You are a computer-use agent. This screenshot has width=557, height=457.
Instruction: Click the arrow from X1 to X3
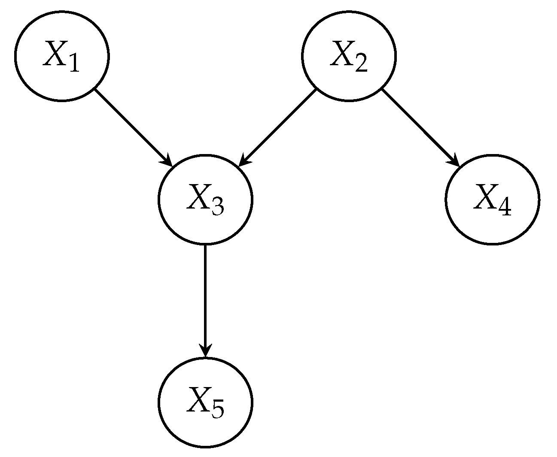[133, 127]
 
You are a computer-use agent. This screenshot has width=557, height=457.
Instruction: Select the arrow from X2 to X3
[277, 127]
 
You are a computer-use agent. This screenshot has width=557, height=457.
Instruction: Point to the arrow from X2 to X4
[420, 127]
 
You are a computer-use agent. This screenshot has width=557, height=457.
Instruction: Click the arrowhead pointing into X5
[205, 351]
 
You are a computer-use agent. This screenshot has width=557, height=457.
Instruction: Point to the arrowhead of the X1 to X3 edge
[167, 161]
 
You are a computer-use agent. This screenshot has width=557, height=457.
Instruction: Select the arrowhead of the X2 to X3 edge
[243, 161]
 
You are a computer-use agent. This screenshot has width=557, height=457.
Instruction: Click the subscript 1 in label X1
[74, 64]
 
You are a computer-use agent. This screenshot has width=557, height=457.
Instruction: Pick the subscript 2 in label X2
[361, 64]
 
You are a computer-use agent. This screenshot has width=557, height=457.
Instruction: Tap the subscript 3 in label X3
[218, 207]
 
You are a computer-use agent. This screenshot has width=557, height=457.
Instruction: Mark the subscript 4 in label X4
[505, 207]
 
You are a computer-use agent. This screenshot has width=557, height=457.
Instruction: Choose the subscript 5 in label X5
[218, 410]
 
